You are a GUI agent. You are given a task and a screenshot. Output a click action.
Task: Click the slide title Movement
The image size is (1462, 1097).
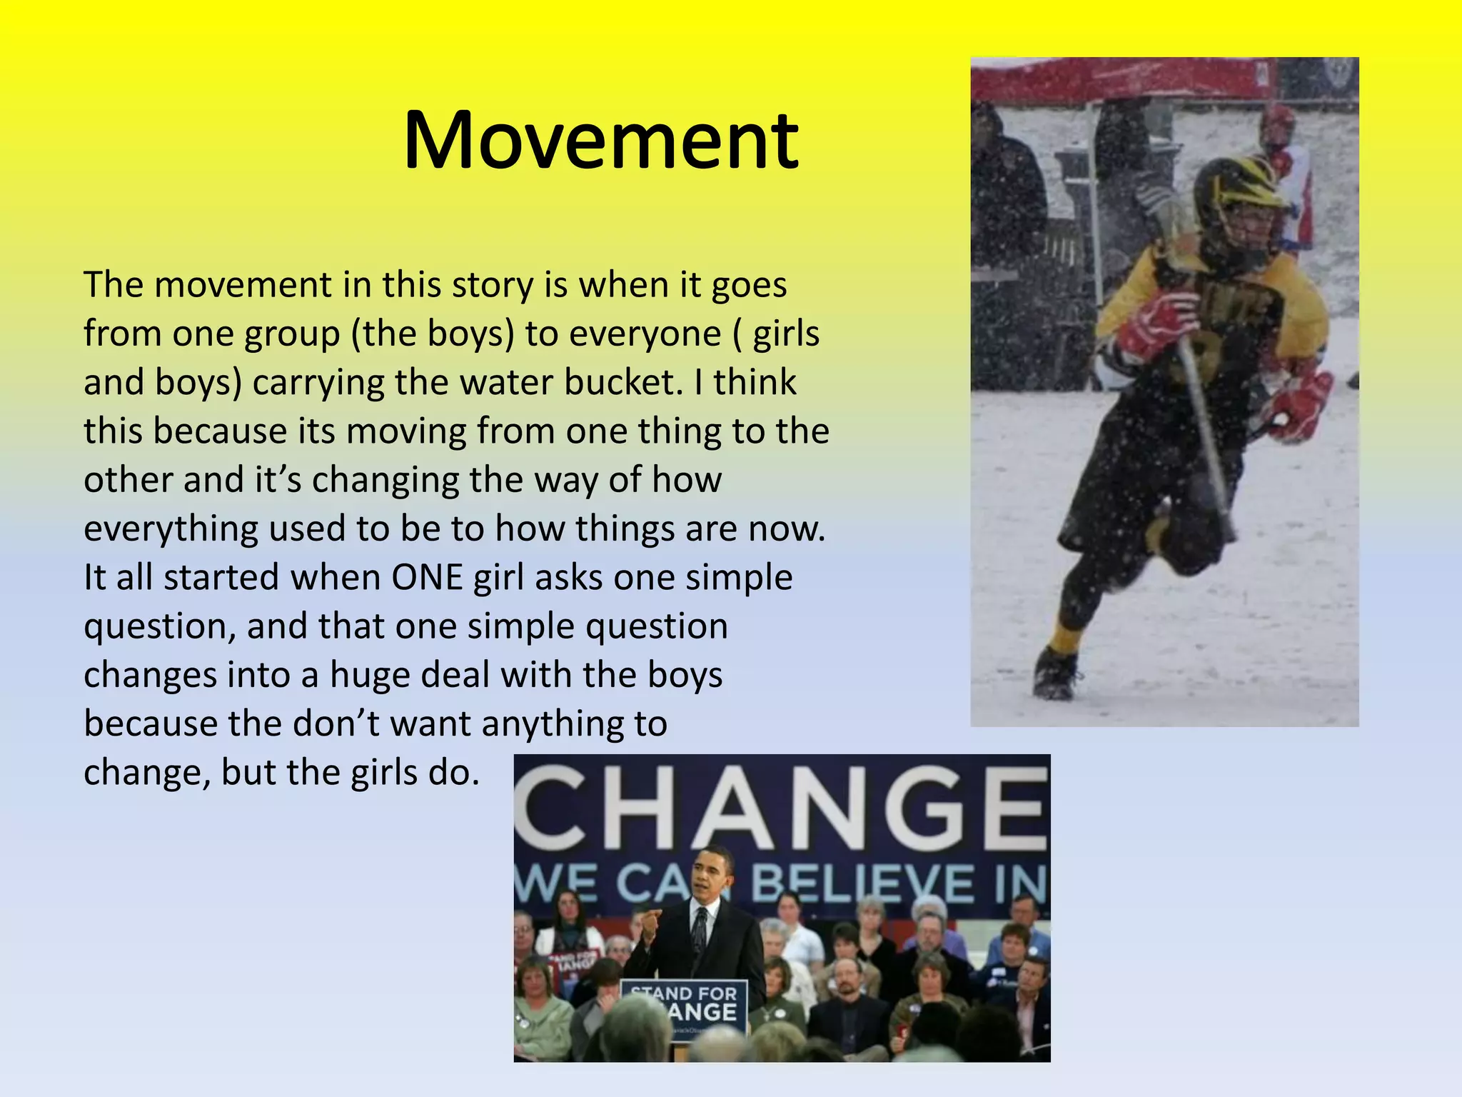click(x=600, y=140)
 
